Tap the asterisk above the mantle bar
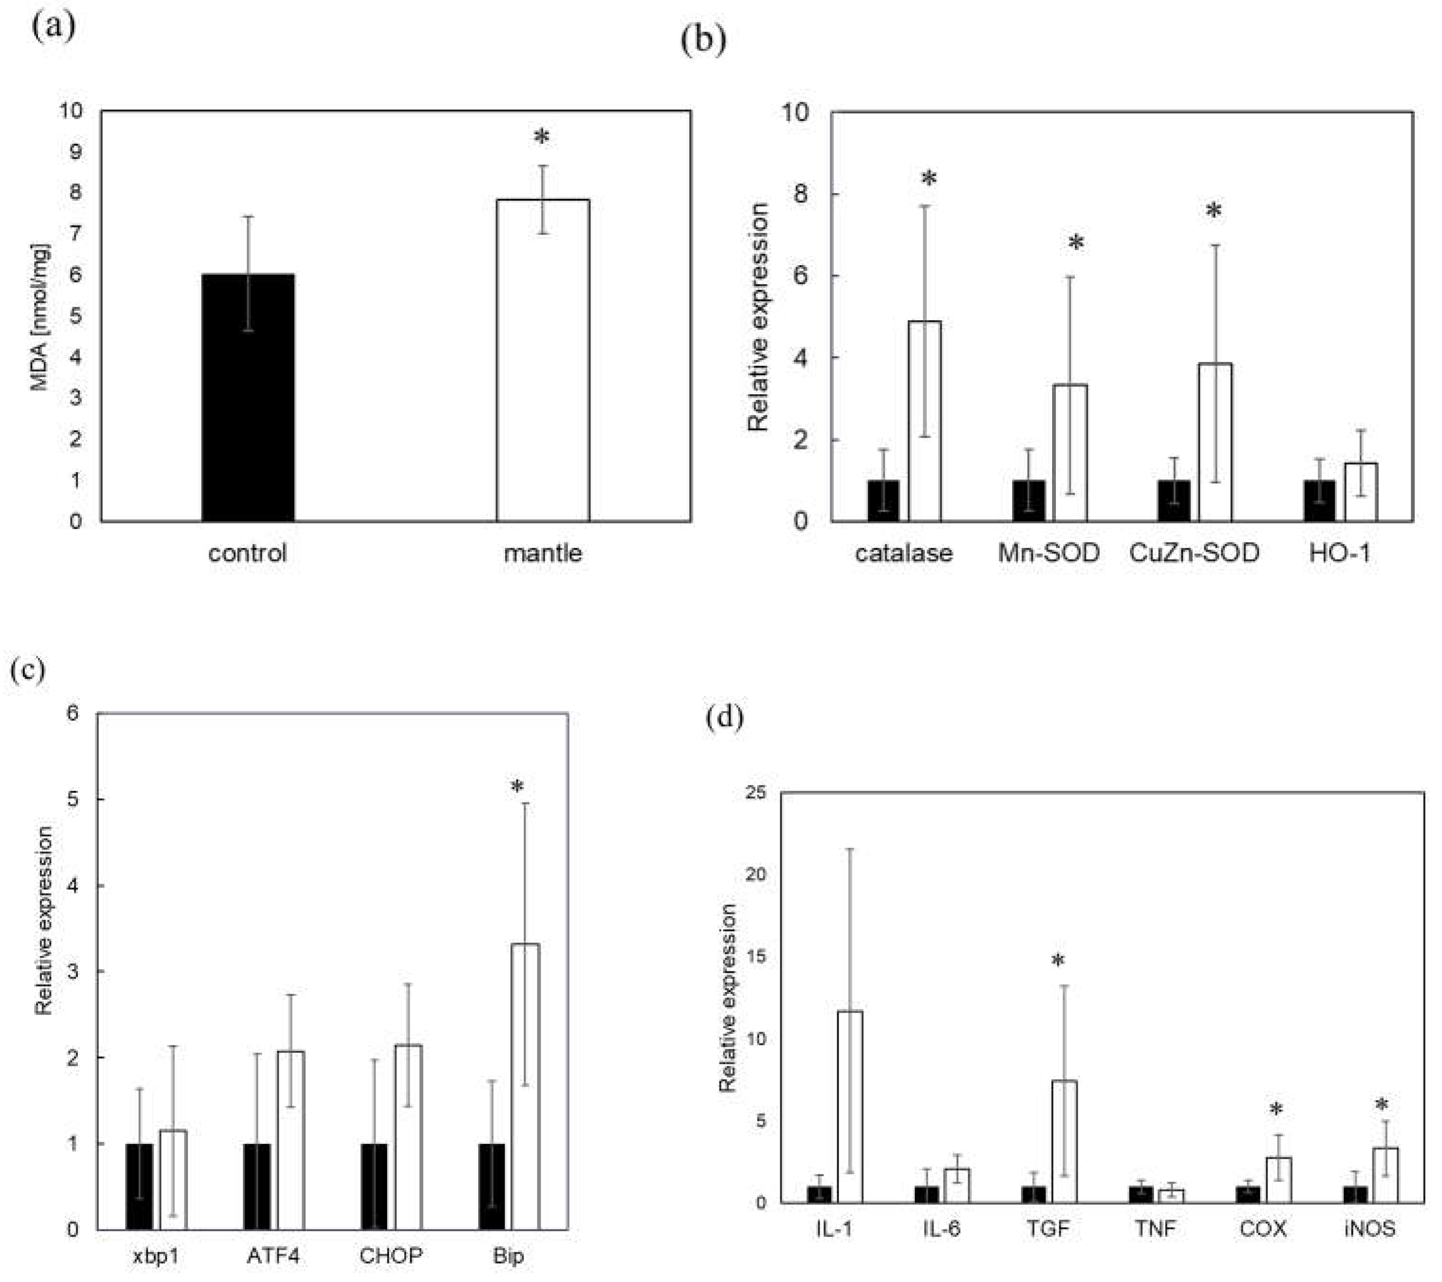click(x=541, y=137)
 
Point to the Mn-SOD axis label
click(x=1048, y=553)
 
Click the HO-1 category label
click(x=1339, y=553)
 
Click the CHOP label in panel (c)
click(x=391, y=1256)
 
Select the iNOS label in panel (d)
click(x=1369, y=1228)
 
